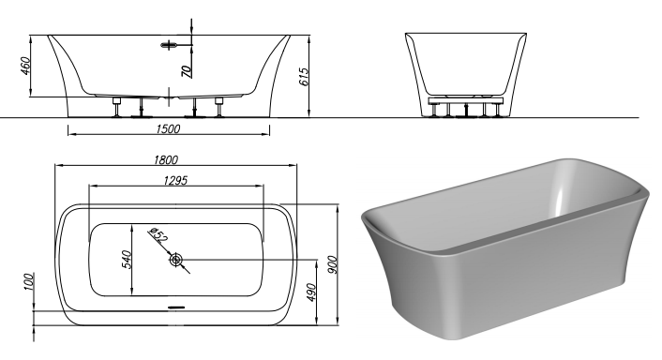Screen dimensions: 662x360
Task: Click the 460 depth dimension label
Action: [x=25, y=66]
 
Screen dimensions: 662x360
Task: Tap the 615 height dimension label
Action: [x=304, y=77]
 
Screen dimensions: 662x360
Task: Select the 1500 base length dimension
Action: [x=168, y=128]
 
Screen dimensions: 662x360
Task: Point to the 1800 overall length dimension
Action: [x=166, y=160]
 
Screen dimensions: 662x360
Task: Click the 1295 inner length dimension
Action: [x=175, y=181]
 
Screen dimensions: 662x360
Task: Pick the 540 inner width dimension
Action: [x=127, y=260]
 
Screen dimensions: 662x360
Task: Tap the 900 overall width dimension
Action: [x=333, y=264]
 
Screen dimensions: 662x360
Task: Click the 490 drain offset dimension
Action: [x=311, y=292]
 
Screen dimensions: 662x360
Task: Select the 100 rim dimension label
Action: [x=28, y=282]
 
